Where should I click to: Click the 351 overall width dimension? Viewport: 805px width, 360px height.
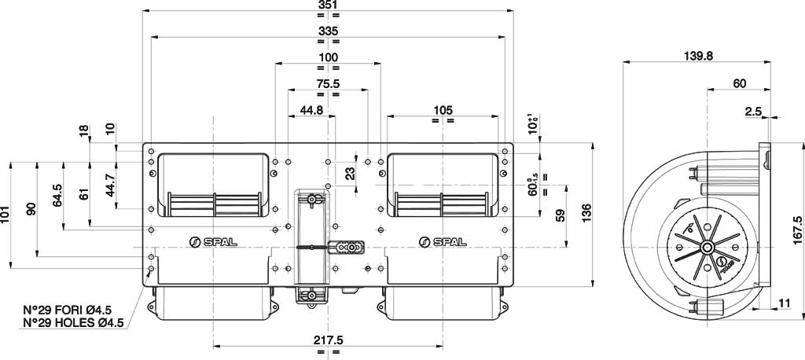coord(328,5)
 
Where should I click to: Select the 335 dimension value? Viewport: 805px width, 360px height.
coord(328,31)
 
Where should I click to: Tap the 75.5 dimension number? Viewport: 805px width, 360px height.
coord(328,83)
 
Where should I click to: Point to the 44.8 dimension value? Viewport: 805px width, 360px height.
coord(311,109)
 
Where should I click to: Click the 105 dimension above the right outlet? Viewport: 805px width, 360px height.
coord(443,110)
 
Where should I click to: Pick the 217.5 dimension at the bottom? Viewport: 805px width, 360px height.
coord(328,340)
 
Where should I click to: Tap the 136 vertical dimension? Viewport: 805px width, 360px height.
coord(586,213)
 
